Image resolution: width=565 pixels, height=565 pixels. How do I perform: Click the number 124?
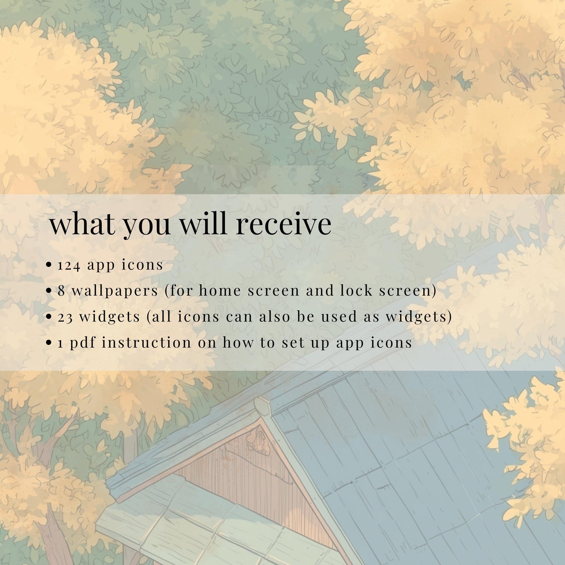click(68, 265)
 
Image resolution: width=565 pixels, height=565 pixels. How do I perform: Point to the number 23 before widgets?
click(65, 317)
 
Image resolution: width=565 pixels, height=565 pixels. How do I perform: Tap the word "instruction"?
click(146, 342)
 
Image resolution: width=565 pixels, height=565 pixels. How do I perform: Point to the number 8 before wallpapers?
click(61, 291)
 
